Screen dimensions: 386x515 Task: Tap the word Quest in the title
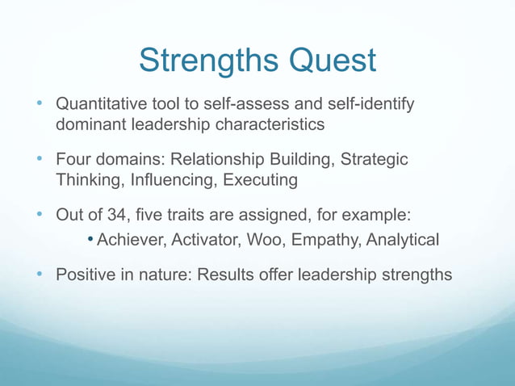pos(329,61)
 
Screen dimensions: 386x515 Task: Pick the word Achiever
pos(129,240)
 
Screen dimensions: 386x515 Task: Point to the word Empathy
pos(323,240)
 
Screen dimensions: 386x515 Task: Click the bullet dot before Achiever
pos(91,240)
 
